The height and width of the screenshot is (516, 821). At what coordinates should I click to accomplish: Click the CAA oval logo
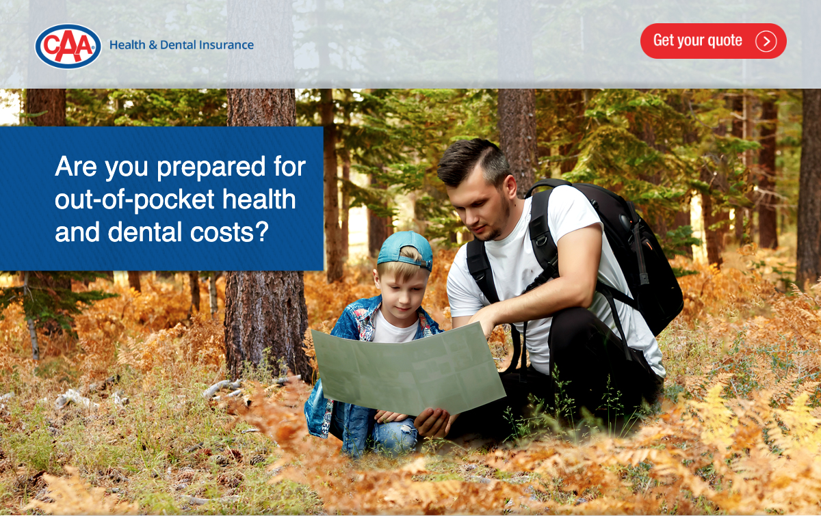point(68,46)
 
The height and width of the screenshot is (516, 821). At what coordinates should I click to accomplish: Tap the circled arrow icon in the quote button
point(766,41)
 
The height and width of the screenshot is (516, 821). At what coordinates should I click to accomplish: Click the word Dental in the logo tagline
point(178,44)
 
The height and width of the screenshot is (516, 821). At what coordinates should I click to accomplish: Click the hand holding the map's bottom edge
point(433,422)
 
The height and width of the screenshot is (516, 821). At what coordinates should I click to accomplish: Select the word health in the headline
point(259,200)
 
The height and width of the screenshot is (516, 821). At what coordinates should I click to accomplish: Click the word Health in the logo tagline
point(127,44)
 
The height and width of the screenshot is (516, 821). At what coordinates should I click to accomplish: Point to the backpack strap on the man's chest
point(543,238)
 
